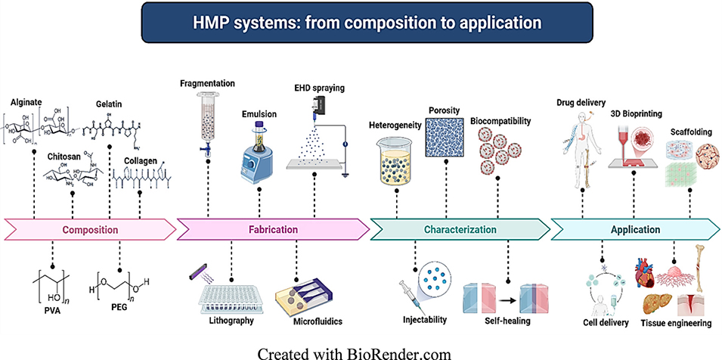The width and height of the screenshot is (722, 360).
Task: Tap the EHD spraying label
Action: click(320, 88)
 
